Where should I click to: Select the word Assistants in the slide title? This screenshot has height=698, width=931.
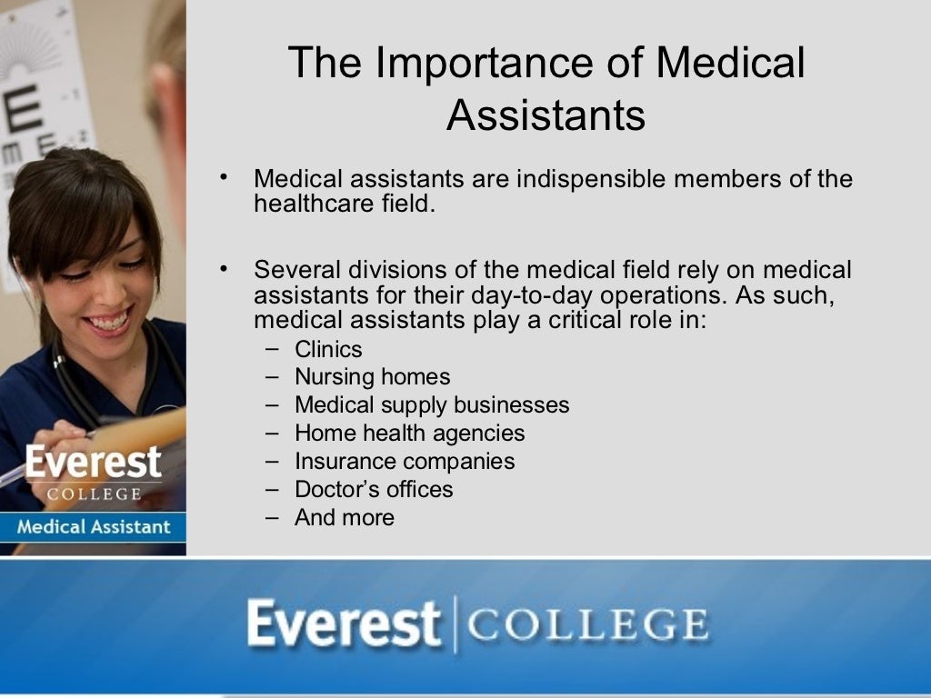tap(546, 115)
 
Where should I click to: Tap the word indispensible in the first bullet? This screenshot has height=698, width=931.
tap(591, 179)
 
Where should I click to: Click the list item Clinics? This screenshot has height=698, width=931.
tap(328, 349)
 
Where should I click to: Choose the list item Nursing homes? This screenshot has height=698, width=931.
tap(372, 376)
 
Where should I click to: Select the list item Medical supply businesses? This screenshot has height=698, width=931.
tap(432, 404)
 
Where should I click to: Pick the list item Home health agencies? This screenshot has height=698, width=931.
tap(409, 433)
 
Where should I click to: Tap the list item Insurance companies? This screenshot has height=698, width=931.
tap(405, 461)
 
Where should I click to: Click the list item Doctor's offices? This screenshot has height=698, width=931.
tap(374, 489)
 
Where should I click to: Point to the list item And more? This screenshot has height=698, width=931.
tap(345, 517)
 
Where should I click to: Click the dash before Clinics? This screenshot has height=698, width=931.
tap(273, 349)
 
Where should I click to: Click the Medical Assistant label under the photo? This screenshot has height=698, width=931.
tap(93, 526)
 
